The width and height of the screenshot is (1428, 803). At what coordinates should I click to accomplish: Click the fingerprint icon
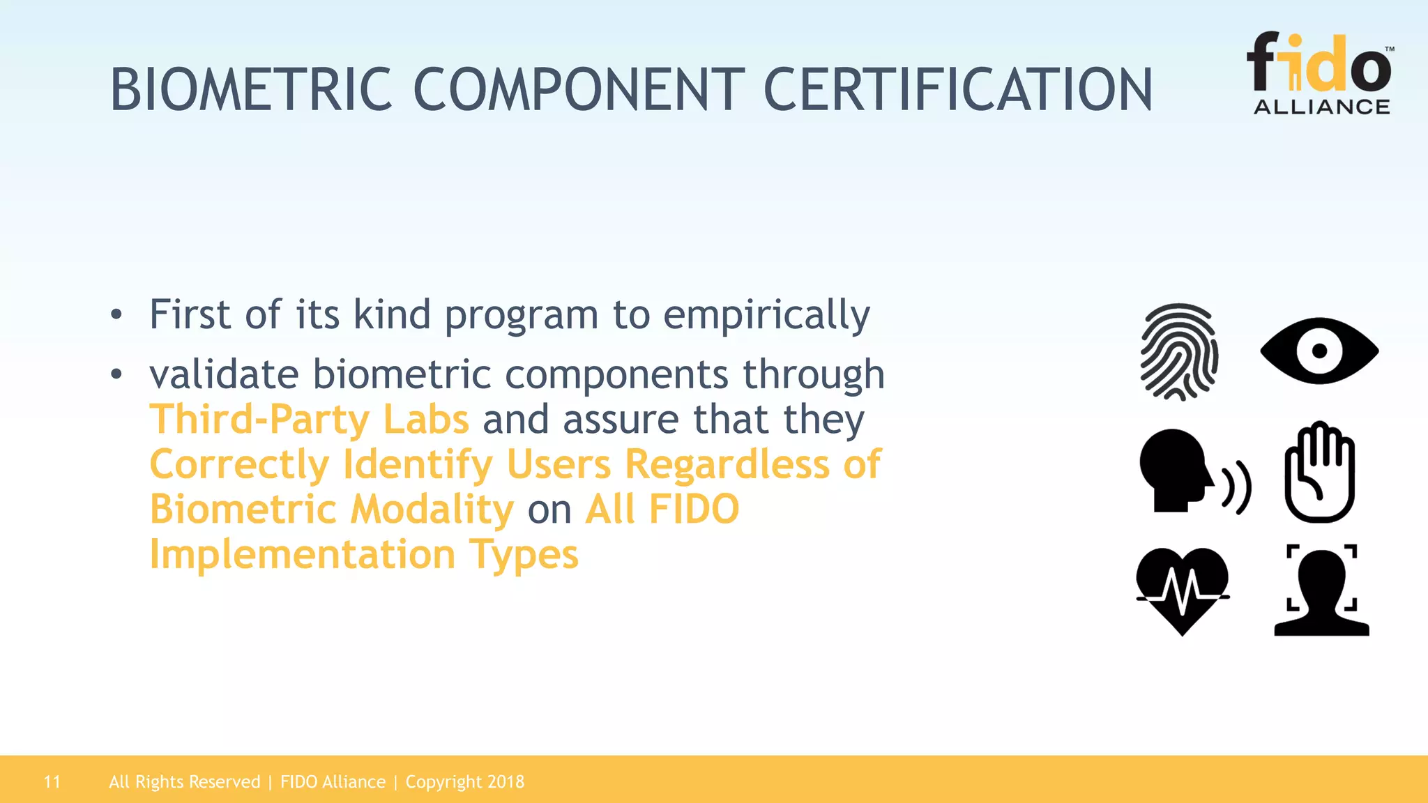click(x=1179, y=351)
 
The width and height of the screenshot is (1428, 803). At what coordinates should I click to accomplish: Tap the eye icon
click(x=1319, y=351)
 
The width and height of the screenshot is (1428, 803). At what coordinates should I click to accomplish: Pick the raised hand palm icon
click(x=1319, y=473)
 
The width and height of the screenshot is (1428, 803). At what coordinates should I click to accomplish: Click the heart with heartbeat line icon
click(x=1183, y=590)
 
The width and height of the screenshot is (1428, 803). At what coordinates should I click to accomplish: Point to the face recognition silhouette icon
click(x=1321, y=591)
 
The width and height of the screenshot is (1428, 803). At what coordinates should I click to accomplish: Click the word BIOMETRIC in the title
click(x=251, y=90)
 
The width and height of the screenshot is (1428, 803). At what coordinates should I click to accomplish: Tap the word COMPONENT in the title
click(x=579, y=90)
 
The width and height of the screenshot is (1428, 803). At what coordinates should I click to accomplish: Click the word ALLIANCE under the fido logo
click(x=1321, y=107)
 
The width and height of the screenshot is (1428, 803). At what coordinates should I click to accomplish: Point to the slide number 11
click(x=52, y=782)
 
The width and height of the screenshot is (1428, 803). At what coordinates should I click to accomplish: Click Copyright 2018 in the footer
click(x=464, y=782)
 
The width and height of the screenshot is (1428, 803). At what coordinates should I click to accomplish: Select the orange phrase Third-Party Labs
click(x=310, y=420)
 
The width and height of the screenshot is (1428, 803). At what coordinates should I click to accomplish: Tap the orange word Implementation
click(x=303, y=555)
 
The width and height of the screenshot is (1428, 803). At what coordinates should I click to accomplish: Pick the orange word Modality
click(x=432, y=510)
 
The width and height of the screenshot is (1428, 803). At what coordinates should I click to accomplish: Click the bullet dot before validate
click(x=116, y=374)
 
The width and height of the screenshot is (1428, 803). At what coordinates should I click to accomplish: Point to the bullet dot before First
click(x=116, y=315)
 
